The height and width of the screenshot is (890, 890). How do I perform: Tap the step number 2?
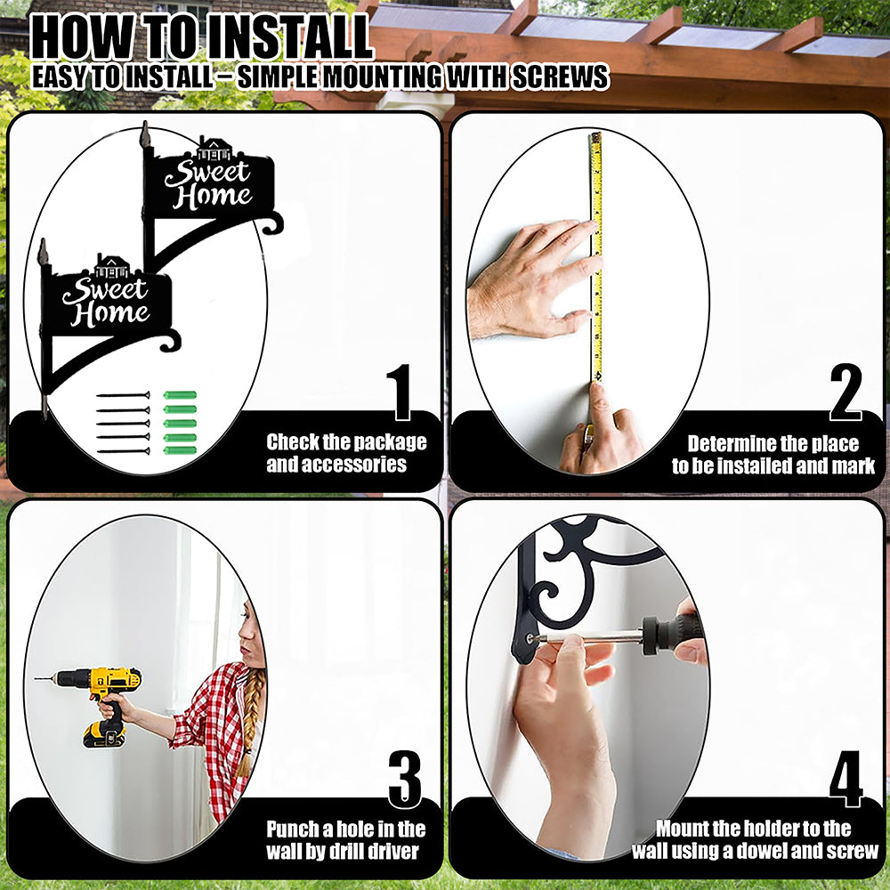point(845,392)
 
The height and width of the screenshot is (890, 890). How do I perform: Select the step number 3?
point(405,779)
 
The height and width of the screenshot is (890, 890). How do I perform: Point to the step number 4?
point(845,779)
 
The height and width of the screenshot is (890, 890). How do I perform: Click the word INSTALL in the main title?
point(287,37)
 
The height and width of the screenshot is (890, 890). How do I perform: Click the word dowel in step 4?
point(772,850)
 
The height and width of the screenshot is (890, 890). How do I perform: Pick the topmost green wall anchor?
point(180,395)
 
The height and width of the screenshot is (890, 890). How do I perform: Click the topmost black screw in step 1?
point(123,395)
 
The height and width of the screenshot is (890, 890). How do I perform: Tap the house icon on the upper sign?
point(214,149)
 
